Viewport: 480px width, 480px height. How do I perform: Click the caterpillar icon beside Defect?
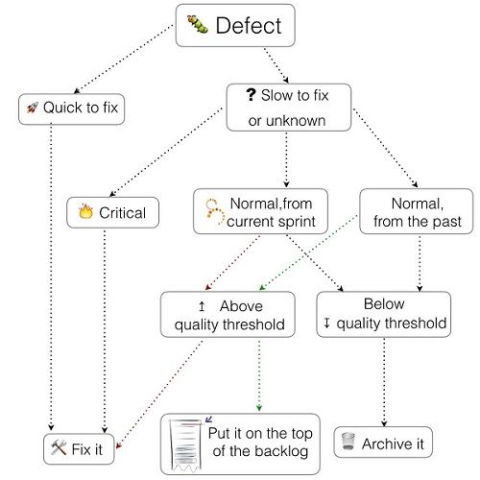point(198,24)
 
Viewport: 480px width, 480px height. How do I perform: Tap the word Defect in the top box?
point(249,26)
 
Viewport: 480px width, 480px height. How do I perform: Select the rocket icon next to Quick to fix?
point(33,108)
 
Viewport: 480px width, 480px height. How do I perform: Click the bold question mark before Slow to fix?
point(251,95)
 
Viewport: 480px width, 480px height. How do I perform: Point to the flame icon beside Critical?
point(85,211)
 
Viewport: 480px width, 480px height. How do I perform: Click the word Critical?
point(123,213)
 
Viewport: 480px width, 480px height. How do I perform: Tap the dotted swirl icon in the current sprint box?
point(215,211)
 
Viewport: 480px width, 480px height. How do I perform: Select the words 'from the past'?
point(418,222)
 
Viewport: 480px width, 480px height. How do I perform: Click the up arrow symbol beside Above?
point(202,306)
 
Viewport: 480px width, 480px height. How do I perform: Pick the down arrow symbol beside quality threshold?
point(326,323)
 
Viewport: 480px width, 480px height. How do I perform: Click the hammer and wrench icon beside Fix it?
point(59,447)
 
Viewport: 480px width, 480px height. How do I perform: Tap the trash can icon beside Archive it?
point(348,441)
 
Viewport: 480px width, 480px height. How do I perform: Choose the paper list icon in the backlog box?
point(185,445)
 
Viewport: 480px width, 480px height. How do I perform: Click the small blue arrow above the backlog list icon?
point(208,419)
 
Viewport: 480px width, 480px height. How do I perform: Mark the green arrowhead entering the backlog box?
point(259,408)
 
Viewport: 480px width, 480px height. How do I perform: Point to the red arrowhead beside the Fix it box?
point(119,445)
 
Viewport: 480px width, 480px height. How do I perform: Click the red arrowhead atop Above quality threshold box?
point(208,287)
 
